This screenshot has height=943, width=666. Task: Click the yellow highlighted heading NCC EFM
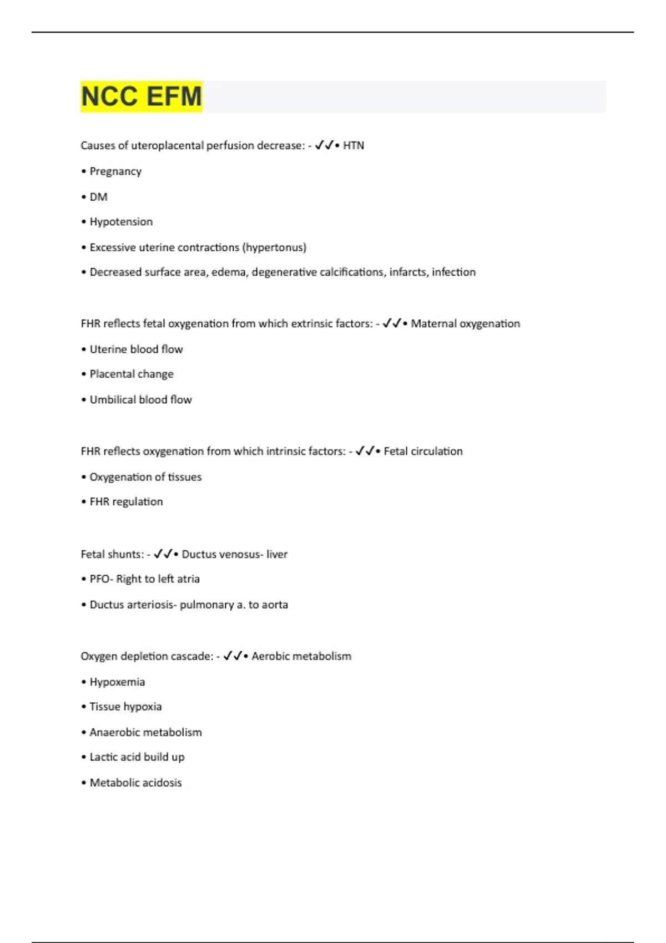[142, 97]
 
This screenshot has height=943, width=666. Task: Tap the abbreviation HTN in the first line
[354, 145]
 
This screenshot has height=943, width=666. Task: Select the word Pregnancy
[115, 171]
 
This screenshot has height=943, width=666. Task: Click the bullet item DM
[98, 197]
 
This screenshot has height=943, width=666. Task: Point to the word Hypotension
[121, 222]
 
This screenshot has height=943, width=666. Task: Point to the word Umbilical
[112, 400]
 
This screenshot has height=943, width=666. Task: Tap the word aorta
[275, 605]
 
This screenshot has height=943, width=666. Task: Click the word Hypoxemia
[117, 682]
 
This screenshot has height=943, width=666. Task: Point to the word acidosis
[161, 783]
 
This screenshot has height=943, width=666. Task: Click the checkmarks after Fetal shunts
[163, 554]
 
